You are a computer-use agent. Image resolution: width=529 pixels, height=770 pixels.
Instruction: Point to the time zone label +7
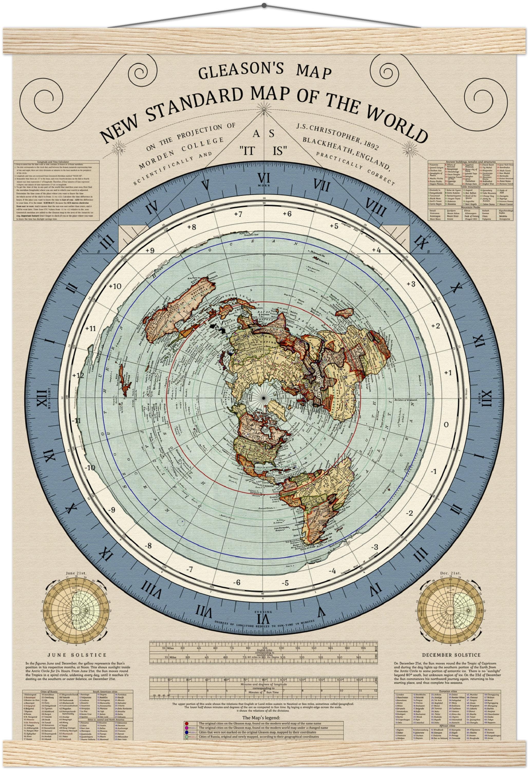click(x=238, y=214)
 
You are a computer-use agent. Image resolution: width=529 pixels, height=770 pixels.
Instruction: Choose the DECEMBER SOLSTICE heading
click(x=451, y=655)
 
